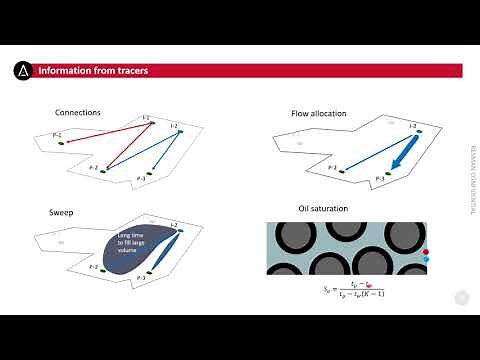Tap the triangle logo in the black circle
coord(23,71)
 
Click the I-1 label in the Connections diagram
coord(146,119)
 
